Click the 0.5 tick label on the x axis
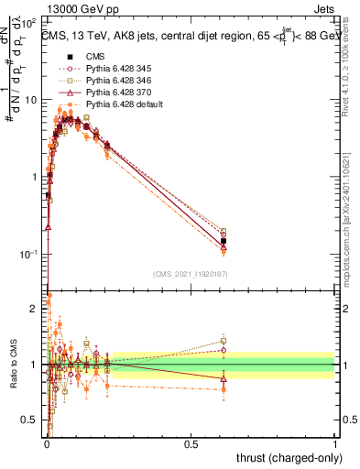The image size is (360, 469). point(191,443)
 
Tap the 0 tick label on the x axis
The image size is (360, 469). point(47,443)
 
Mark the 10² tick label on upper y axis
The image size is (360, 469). point(30,20)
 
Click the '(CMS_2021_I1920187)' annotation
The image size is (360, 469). point(191,272)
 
